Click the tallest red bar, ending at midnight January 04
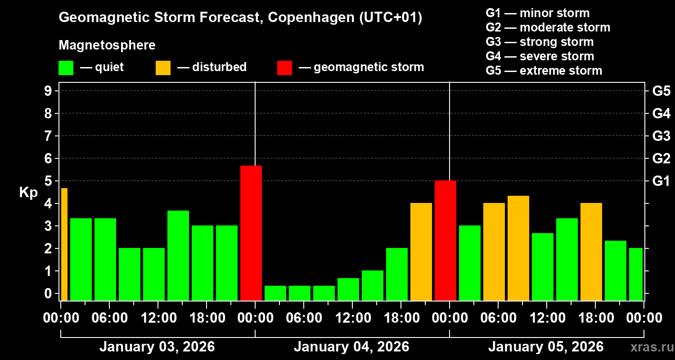[251, 233]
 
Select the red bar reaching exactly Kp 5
[445, 240]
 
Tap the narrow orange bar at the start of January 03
[64, 244]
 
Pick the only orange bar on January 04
[421, 252]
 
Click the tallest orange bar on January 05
[518, 248]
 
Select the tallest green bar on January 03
[178, 255]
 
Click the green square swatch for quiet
[66, 68]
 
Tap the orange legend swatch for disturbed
[163, 68]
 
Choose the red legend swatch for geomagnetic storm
[284, 68]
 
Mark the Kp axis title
[28, 193]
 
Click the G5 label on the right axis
[661, 91]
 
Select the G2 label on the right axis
[661, 158]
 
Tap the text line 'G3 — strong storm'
[539, 42]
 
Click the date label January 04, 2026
[351, 347]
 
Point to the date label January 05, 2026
[545, 347]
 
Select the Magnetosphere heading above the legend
[107, 45]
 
